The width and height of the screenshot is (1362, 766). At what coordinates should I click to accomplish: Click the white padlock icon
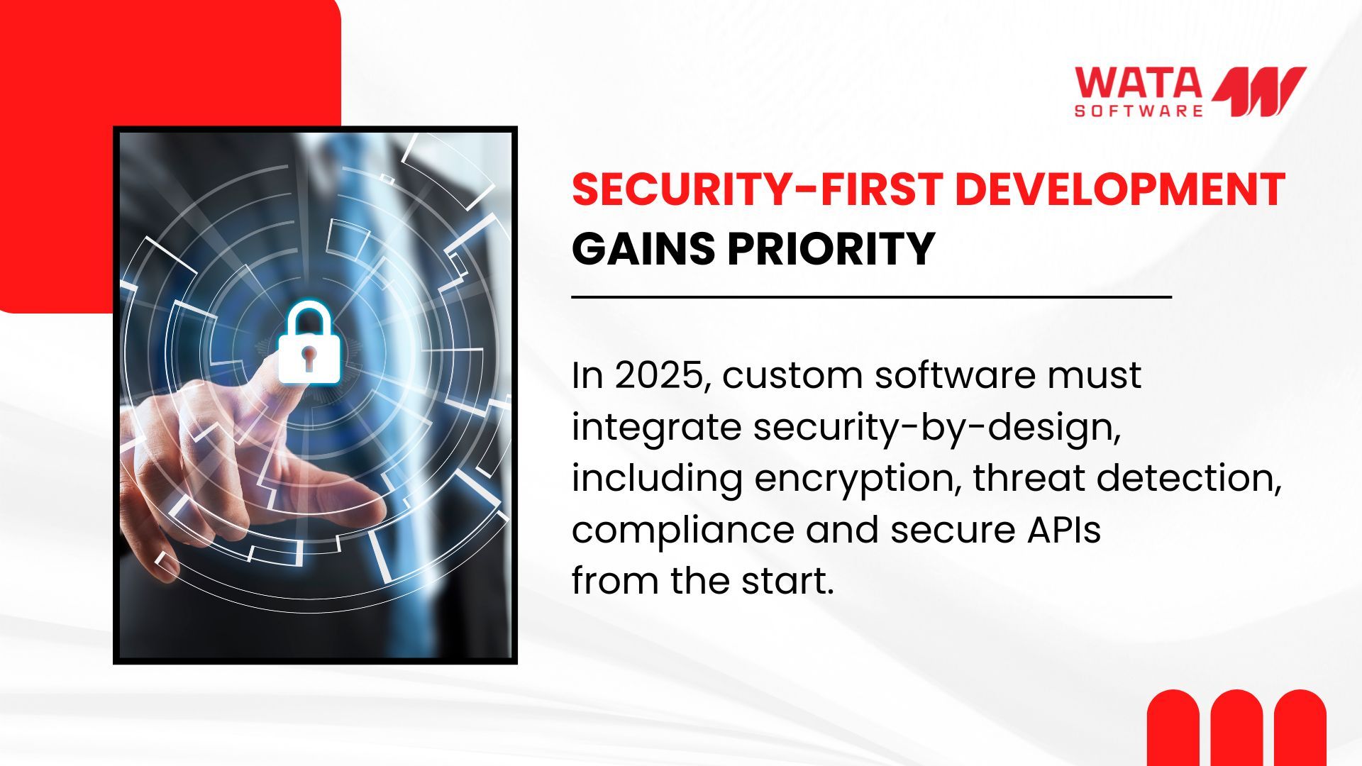point(309,344)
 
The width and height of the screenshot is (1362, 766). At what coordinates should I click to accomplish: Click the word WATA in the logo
point(1138,83)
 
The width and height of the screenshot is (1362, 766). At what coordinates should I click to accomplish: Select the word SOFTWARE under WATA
point(1139,111)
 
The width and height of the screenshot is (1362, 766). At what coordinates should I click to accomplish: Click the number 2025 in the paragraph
point(663,375)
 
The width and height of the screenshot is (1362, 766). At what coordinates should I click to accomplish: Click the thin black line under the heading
point(871,298)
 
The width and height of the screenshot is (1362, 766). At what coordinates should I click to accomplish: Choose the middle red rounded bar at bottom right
point(1236,728)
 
